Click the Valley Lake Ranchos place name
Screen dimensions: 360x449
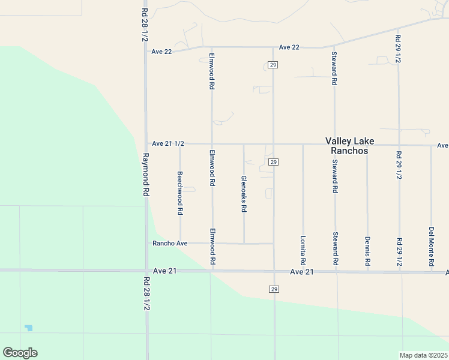click(349, 146)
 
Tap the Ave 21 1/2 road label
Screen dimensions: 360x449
click(168, 143)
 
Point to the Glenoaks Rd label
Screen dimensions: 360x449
click(243, 194)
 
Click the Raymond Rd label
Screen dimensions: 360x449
click(145, 173)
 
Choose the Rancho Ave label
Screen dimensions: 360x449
click(170, 243)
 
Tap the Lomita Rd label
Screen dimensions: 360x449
click(303, 251)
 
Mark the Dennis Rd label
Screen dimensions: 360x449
click(367, 251)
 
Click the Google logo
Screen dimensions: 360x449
click(20, 353)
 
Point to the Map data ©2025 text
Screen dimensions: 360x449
click(423, 355)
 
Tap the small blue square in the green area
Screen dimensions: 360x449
click(29, 328)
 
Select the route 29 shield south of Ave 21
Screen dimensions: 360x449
click(273, 289)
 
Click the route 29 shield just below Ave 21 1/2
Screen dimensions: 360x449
click(273, 163)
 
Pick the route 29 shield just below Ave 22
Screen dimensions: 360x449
click(273, 64)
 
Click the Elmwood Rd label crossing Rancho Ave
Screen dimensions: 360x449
click(211, 247)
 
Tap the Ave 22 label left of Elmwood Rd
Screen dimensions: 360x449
click(161, 52)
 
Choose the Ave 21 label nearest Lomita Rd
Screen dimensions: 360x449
click(302, 272)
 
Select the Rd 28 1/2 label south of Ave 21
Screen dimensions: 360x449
click(146, 293)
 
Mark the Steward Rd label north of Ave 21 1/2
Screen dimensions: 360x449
click(334, 68)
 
